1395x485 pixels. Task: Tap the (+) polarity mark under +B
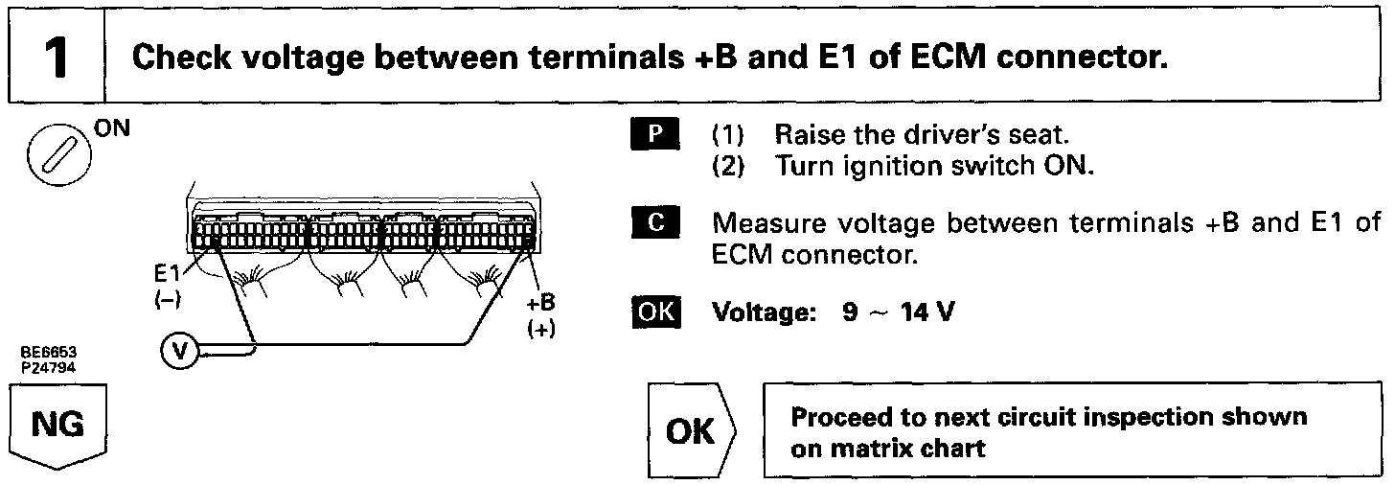tap(541, 328)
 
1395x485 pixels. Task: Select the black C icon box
tap(654, 225)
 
